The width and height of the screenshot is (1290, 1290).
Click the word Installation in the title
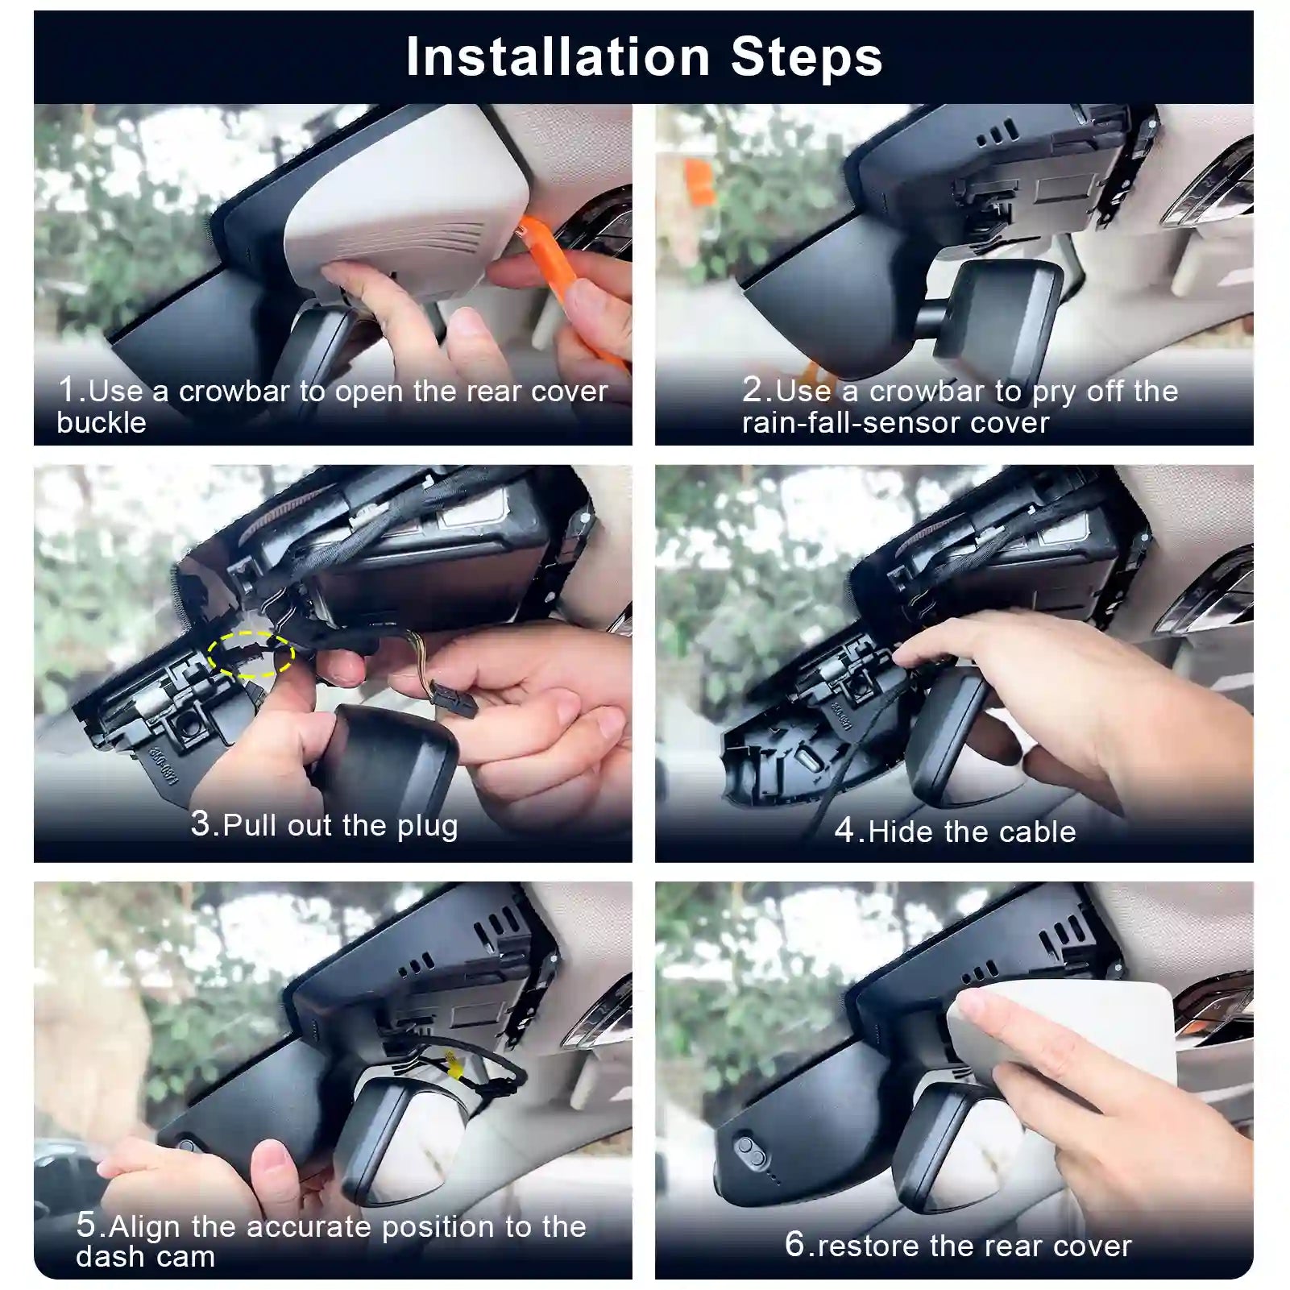pyautogui.click(x=557, y=56)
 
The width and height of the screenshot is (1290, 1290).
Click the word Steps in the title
pyautogui.click(x=807, y=56)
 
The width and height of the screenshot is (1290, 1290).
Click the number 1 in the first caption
pyautogui.click(x=68, y=390)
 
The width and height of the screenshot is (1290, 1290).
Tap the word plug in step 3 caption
pyautogui.click(x=427, y=826)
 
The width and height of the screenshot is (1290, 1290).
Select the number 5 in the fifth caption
pyautogui.click(x=85, y=1225)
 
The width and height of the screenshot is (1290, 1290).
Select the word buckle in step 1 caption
pyautogui.click(x=102, y=423)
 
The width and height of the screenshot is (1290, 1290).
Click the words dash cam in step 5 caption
pyautogui.click(x=146, y=1257)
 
